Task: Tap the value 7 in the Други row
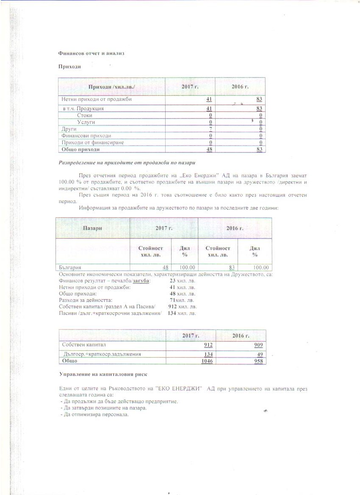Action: pos(210,128)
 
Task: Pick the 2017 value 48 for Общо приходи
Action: pos(209,149)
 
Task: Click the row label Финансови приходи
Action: pos(86,136)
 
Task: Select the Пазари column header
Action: pos(92,228)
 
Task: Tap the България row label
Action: pos(70,267)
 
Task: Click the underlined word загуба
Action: pos(141,281)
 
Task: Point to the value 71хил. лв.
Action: pos(182,300)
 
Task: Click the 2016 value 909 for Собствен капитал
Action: pos(258,345)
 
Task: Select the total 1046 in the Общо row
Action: pos(207,361)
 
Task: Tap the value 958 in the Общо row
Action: pos(258,361)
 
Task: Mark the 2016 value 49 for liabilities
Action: pos(260,354)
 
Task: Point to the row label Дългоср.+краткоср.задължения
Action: pos(102,354)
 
